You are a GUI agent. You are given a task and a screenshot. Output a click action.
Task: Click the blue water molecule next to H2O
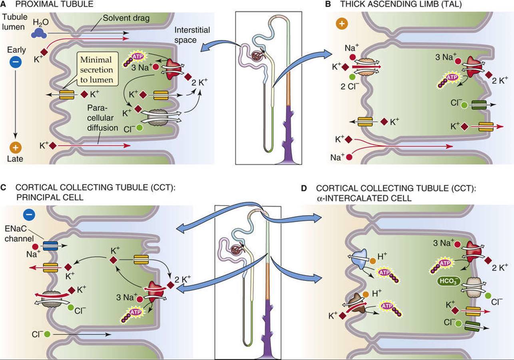coord(39,34)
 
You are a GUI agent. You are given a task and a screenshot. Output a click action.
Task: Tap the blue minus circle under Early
coord(15,62)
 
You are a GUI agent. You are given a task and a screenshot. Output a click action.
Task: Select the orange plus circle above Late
coord(15,147)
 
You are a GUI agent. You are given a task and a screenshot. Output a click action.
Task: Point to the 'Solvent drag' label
coord(126,18)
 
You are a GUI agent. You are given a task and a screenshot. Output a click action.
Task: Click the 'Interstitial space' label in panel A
coord(192,35)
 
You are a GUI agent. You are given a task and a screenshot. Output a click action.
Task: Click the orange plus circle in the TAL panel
coord(342,24)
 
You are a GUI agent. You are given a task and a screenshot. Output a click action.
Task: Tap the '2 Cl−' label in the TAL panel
coord(350,87)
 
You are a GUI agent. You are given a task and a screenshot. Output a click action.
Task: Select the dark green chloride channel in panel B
coord(479,105)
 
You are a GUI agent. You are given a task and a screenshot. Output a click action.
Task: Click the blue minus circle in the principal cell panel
coord(29,215)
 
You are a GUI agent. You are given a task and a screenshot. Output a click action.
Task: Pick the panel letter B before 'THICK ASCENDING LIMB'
coord(329,4)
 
